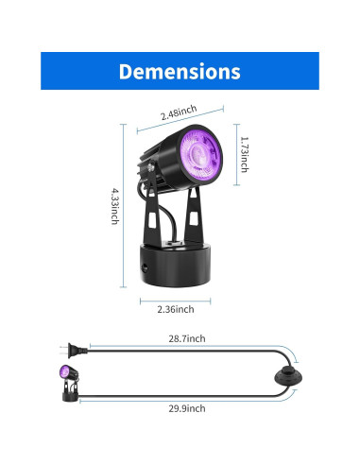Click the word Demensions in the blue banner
point(180,71)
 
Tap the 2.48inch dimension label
point(179,112)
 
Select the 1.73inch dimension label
point(245,154)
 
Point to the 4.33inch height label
point(115,206)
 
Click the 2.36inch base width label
point(176,309)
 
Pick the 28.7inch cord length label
point(187,338)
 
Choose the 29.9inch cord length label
point(187,408)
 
